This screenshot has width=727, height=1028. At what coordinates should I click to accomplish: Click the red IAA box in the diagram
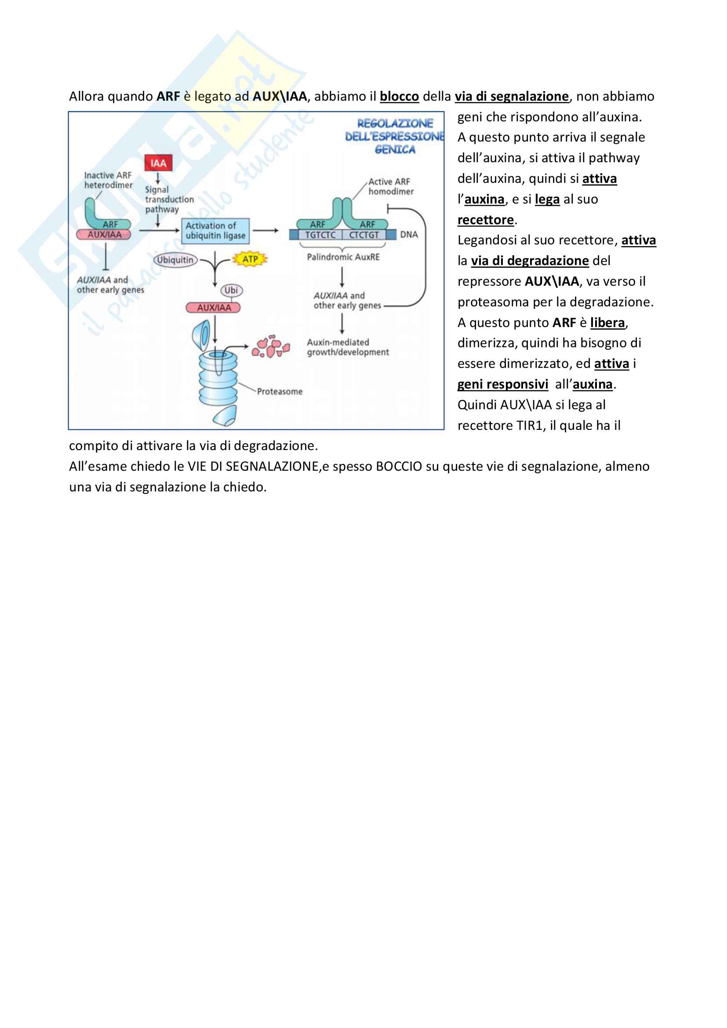158,163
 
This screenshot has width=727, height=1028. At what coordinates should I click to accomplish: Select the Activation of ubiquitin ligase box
215,231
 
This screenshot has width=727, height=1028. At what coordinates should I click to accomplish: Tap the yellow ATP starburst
250,259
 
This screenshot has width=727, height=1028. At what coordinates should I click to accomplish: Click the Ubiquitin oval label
175,260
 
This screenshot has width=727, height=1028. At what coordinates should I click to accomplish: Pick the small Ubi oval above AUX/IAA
231,290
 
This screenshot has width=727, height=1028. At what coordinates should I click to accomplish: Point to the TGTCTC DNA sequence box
320,235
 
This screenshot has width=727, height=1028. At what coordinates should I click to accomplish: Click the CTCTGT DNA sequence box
363,235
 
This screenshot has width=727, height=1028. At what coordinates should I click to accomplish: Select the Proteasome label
280,392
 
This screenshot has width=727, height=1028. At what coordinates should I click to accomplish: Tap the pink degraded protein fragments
270,346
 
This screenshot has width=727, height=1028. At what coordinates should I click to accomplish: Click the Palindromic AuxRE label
343,257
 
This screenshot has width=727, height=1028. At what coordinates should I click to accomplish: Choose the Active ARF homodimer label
390,187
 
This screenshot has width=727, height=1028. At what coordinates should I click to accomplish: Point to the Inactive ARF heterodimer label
108,180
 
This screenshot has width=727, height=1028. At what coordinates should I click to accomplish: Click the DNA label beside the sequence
409,235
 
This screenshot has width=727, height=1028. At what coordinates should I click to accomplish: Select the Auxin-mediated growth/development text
347,348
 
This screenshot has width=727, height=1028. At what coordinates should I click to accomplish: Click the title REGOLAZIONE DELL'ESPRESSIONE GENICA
395,136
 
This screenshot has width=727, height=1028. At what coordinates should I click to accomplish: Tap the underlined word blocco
399,97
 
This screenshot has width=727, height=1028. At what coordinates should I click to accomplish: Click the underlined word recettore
485,220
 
